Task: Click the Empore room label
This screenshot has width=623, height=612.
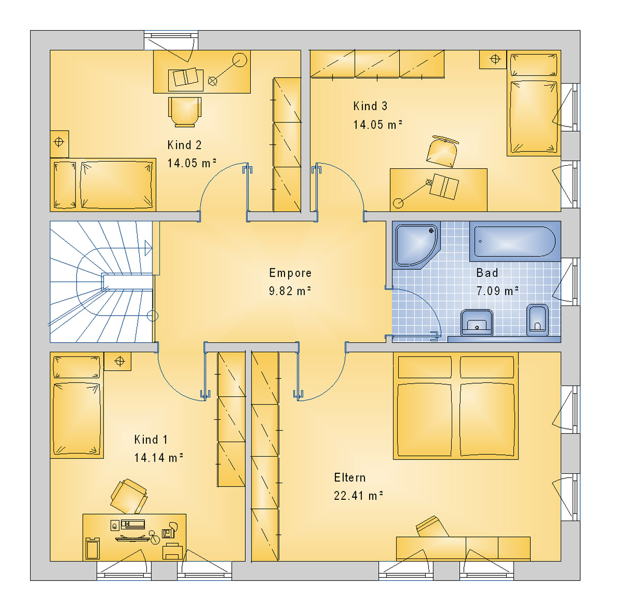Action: (290, 273)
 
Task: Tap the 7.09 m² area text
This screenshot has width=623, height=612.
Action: (497, 291)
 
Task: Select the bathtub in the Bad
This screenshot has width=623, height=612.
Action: (515, 241)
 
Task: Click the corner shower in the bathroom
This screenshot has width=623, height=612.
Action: (417, 245)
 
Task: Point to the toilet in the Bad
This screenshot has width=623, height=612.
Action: (538, 320)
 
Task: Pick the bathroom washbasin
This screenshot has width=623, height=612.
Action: (477, 322)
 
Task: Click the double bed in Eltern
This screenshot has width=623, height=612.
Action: (456, 406)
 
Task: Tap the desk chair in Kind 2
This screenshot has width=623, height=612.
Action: (185, 112)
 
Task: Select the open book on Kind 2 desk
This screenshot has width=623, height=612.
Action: (186, 77)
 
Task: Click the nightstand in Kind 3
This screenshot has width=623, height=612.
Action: (492, 59)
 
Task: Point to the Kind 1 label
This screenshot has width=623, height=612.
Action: (151, 440)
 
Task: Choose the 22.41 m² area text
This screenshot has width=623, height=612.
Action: (358, 496)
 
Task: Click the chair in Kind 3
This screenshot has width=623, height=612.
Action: (442, 151)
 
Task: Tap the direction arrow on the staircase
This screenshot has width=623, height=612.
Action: (148, 248)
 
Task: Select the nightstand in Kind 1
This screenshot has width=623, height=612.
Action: (118, 361)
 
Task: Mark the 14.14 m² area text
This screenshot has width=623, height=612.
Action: (159, 457)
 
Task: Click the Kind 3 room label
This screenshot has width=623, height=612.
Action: (370, 106)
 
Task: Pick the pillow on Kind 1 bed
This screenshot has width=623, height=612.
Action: (76, 367)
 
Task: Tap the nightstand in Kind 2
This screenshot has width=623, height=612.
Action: (59, 144)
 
